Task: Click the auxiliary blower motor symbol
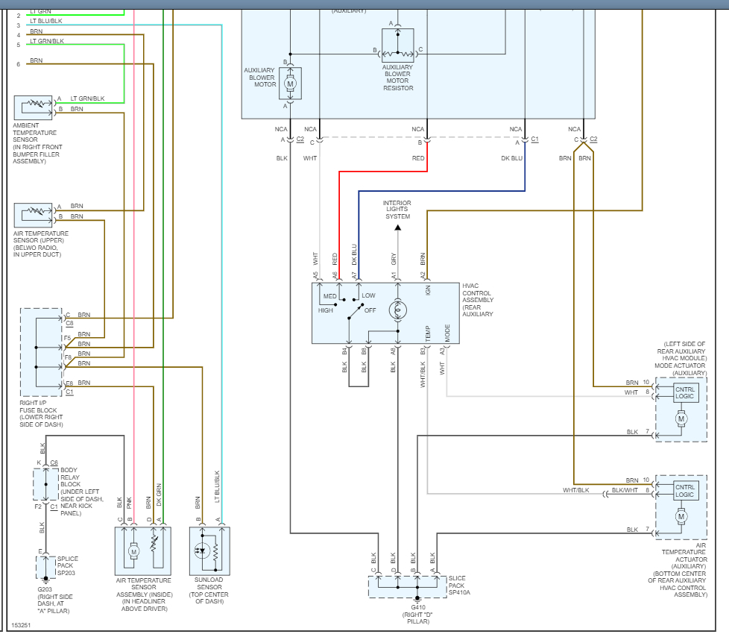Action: coord(291,84)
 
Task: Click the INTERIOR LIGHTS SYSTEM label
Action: coord(397,210)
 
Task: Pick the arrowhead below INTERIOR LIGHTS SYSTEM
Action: coord(397,228)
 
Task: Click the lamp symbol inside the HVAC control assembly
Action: coord(398,309)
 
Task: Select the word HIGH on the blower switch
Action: coord(326,310)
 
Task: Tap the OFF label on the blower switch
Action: coord(370,310)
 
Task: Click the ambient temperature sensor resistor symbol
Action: coord(34,104)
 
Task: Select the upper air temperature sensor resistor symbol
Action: coord(34,211)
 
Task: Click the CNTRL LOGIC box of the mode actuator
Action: coord(685,392)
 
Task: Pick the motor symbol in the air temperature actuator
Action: coord(681,515)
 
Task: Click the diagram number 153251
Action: coord(22,625)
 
